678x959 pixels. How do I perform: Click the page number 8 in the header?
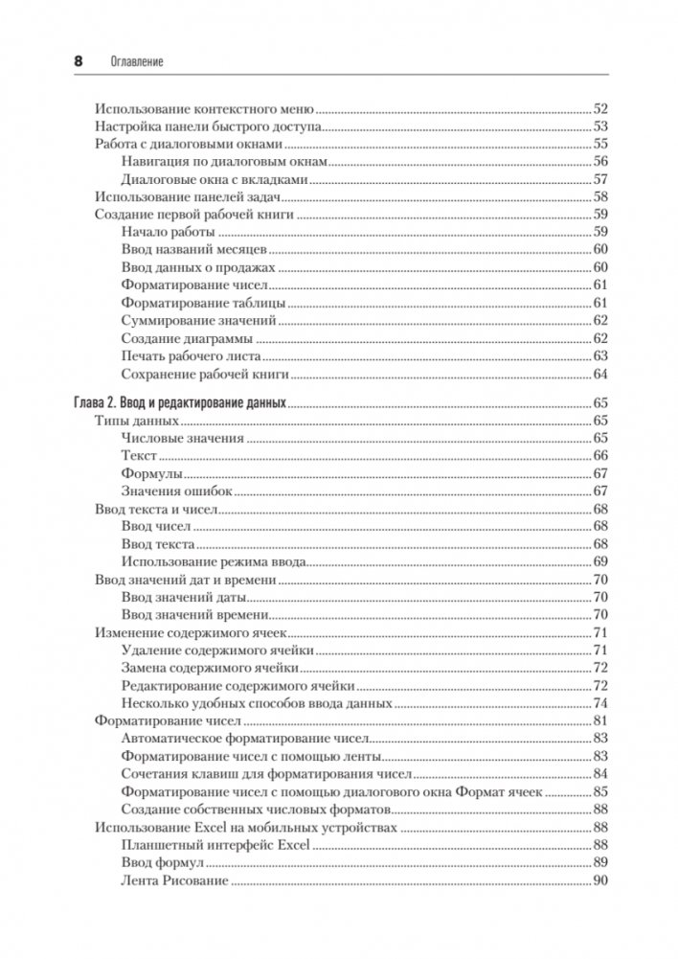[78, 61]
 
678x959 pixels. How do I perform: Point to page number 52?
[601, 109]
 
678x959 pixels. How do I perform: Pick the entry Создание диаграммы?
[187, 338]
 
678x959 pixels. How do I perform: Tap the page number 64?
[601, 375]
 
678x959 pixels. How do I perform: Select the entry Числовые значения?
[183, 439]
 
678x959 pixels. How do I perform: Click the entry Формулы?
[152, 474]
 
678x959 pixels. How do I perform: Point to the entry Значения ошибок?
[178, 491]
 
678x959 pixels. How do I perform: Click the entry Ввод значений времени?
[195, 615]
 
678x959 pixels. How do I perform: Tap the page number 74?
[601, 703]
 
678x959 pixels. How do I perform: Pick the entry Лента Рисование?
[175, 880]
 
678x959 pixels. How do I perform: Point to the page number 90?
[601, 880]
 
